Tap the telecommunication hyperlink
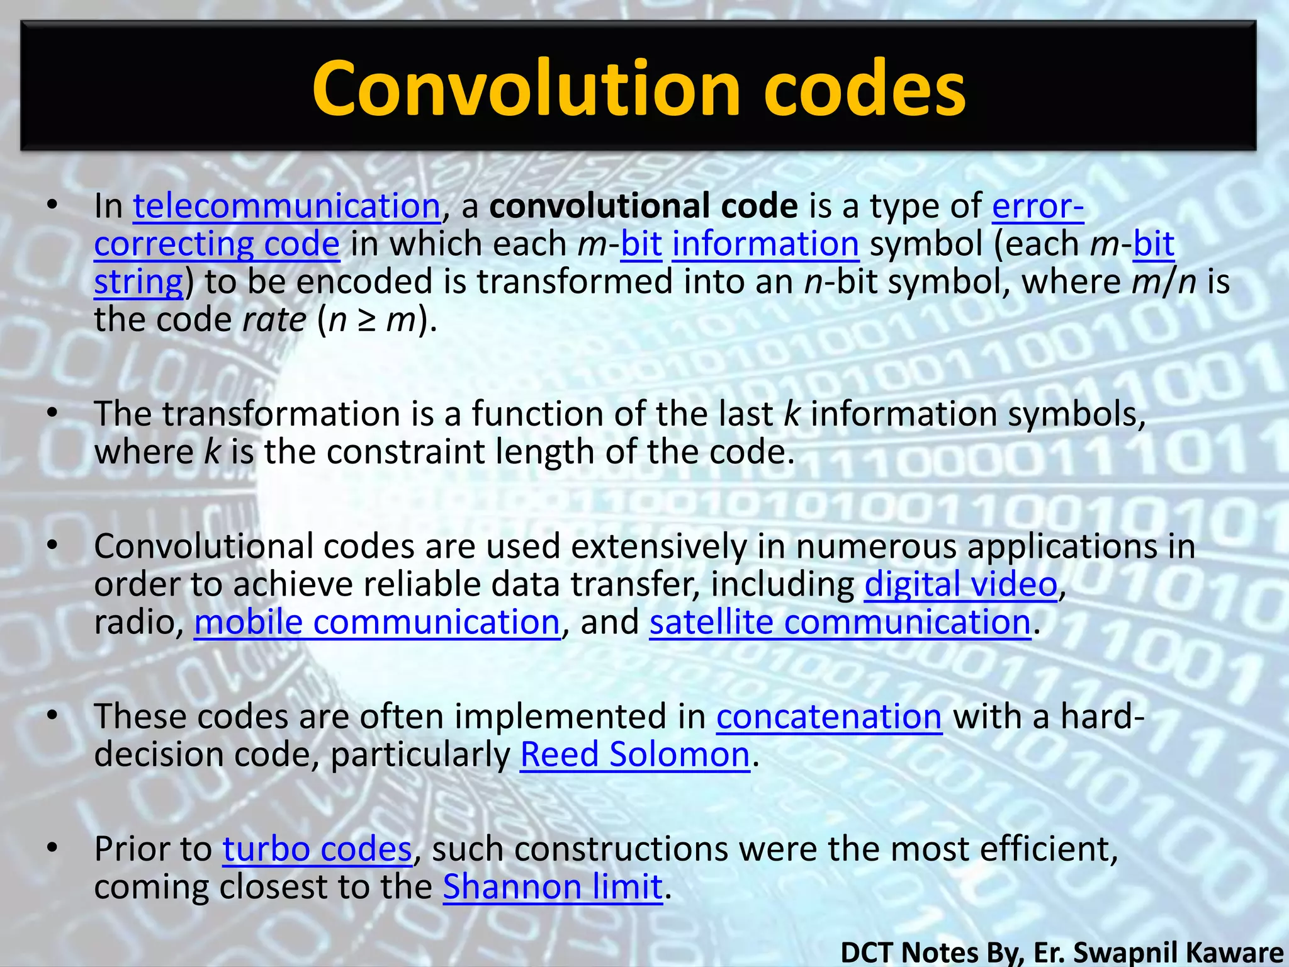point(286,206)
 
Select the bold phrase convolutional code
point(643,206)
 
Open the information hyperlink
point(765,244)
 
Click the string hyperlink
point(138,282)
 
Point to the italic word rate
point(274,320)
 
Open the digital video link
point(960,584)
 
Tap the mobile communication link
point(376,622)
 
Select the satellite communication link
point(840,622)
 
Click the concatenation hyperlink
point(829,716)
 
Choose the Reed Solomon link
point(635,754)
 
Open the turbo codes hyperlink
point(317,849)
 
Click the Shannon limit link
point(553,886)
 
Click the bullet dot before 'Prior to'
point(52,849)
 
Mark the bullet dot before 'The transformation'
point(52,414)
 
